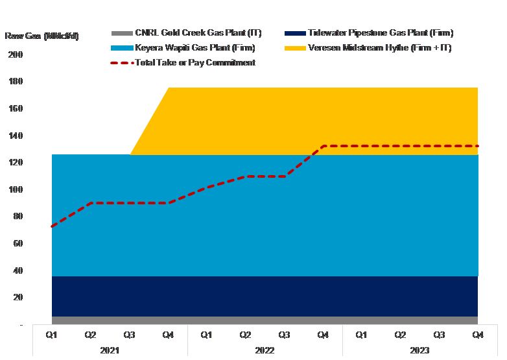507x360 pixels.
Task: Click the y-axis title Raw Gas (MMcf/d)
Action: point(41,36)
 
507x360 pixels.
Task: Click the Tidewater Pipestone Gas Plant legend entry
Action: point(380,33)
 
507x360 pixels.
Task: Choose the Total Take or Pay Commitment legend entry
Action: point(195,63)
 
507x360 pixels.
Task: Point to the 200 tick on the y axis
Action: point(16,55)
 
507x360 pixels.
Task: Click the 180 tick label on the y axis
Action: point(16,82)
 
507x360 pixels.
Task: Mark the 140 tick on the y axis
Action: point(16,136)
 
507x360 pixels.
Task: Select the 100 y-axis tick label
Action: point(16,189)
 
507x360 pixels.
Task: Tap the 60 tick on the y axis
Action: point(18,243)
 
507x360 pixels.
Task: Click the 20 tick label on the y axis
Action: point(18,297)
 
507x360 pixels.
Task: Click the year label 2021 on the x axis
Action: point(110,350)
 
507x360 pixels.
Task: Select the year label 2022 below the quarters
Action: point(265,350)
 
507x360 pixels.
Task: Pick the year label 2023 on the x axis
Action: point(420,350)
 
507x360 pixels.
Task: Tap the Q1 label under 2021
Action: point(52,335)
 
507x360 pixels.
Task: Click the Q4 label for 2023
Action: point(478,335)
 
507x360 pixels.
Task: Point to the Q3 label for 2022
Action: point(284,335)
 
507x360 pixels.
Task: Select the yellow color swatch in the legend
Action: point(295,48)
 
